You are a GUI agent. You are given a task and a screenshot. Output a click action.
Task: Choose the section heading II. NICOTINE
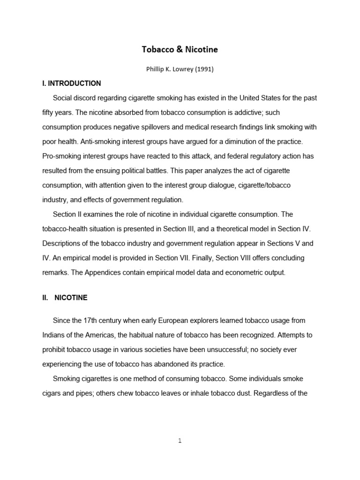(65, 298)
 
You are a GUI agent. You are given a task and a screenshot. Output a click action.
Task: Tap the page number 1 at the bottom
(180, 441)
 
